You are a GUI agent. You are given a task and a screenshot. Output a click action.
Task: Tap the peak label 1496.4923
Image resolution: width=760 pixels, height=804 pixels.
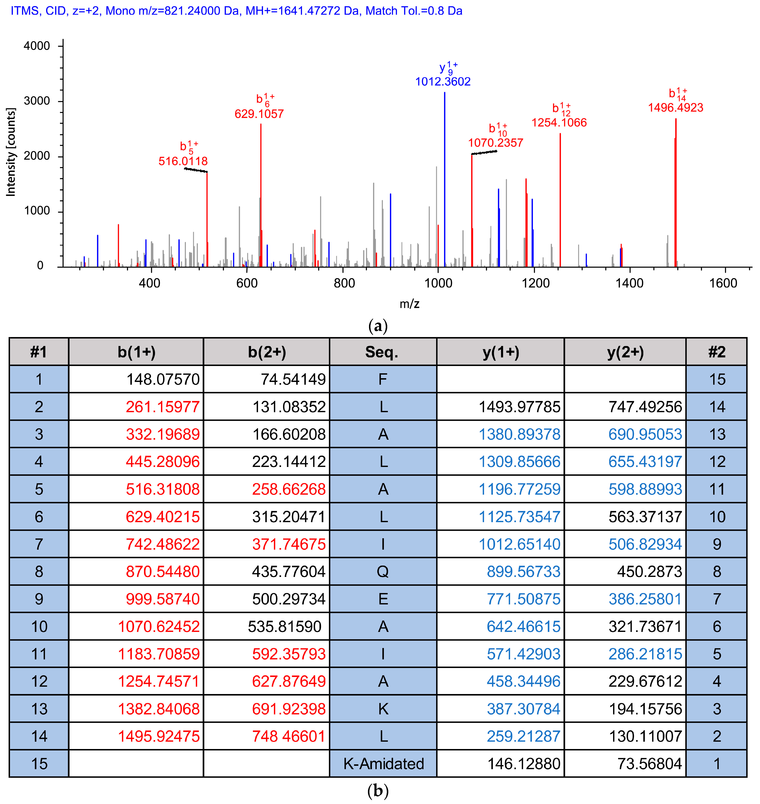pos(675,108)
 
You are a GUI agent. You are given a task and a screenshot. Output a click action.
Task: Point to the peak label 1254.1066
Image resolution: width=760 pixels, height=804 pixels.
pos(559,123)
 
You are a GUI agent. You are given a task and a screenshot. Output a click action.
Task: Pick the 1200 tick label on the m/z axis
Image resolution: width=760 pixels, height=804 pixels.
pos(535,283)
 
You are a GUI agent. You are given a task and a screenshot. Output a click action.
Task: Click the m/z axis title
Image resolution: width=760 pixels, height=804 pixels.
pos(409,304)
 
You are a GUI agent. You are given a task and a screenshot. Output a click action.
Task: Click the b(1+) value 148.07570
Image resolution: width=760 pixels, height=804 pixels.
pos(163,379)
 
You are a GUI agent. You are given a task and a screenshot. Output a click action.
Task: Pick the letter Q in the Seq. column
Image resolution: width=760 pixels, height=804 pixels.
pos(383,571)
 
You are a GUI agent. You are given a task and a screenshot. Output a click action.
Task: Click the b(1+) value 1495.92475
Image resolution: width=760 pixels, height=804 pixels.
pos(159,736)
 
